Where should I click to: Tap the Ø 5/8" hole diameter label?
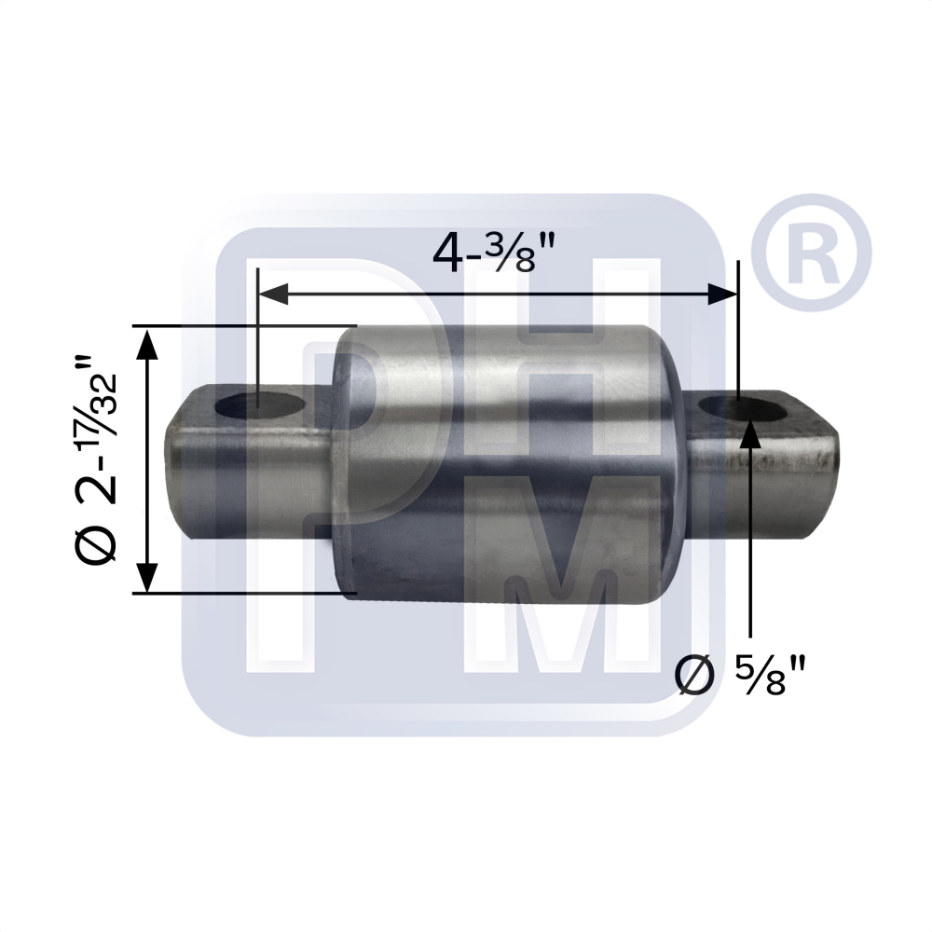pyautogui.click(x=740, y=674)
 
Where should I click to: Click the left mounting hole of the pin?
pyautogui.click(x=260, y=407)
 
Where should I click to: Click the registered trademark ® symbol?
pyautogui.click(x=811, y=254)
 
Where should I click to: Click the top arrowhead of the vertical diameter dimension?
pyautogui.click(x=147, y=344)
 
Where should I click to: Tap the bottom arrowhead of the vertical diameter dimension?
pyautogui.click(x=147, y=575)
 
